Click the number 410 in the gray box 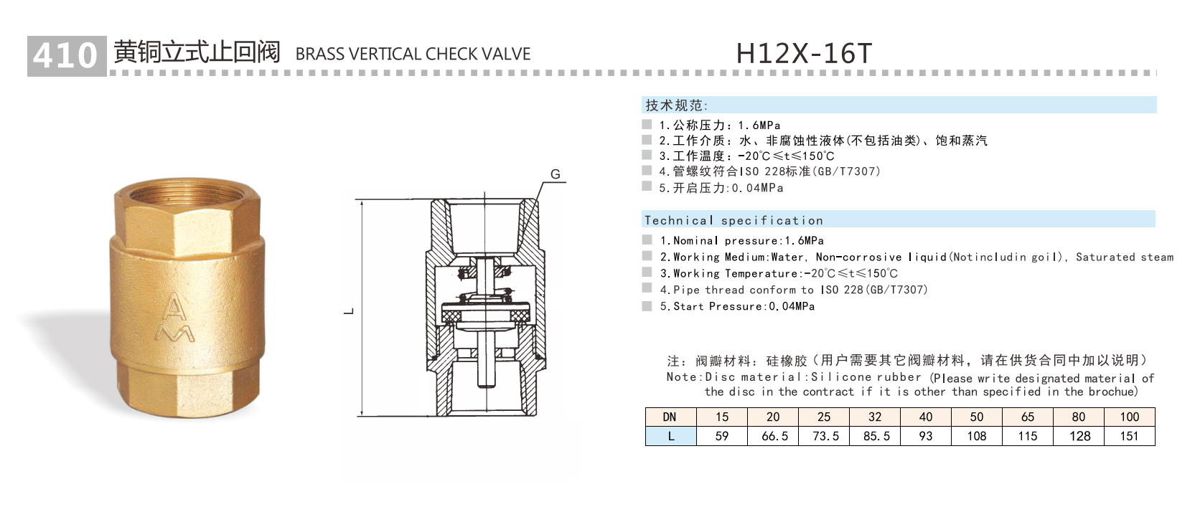click(65, 55)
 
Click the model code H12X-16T click(803, 53)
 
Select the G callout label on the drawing click(555, 174)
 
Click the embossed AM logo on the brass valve click(176, 316)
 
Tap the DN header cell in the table click(670, 417)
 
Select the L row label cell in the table click(670, 436)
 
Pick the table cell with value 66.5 click(774, 436)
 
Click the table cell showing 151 click(1129, 436)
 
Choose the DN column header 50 click(977, 417)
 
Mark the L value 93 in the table click(926, 436)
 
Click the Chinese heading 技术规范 click(675, 105)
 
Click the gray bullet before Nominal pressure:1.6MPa click(647, 240)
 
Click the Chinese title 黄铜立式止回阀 click(197, 52)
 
